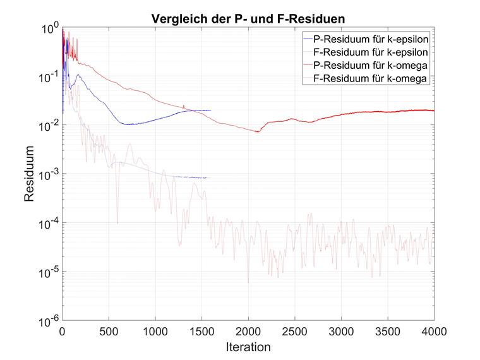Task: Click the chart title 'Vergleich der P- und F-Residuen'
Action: tap(248, 18)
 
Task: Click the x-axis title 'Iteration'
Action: tap(248, 347)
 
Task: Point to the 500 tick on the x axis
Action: tap(109, 331)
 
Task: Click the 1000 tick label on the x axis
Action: tap(155, 331)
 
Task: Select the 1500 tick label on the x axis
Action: tap(201, 331)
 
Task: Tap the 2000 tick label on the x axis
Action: tap(248, 331)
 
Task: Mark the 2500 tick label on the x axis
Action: tap(295, 331)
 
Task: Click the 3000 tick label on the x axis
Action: tap(341, 331)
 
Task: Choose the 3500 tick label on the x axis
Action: tap(388, 331)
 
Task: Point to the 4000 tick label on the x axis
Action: tap(434, 331)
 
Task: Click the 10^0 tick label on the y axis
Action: tap(49, 28)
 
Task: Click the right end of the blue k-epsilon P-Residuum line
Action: tap(210, 111)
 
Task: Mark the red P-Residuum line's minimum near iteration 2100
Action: tap(258, 131)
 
